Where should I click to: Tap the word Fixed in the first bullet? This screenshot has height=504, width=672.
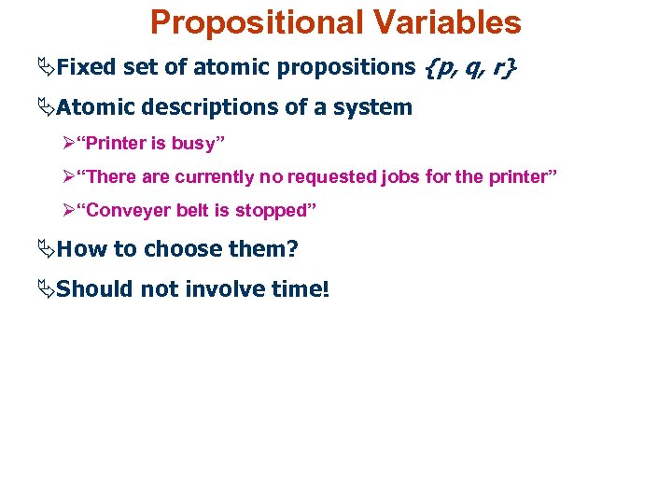pyautogui.click(x=86, y=67)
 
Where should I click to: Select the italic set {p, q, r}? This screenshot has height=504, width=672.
pyautogui.click(x=470, y=67)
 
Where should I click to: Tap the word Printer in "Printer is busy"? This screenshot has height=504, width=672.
pyautogui.click(x=120, y=145)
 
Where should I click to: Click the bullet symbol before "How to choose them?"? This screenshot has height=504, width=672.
pyautogui.click(x=47, y=249)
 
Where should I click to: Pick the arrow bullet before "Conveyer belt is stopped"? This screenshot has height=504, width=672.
pyautogui.click(x=68, y=210)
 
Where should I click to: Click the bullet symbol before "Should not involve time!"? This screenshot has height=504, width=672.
pyautogui.click(x=47, y=289)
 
